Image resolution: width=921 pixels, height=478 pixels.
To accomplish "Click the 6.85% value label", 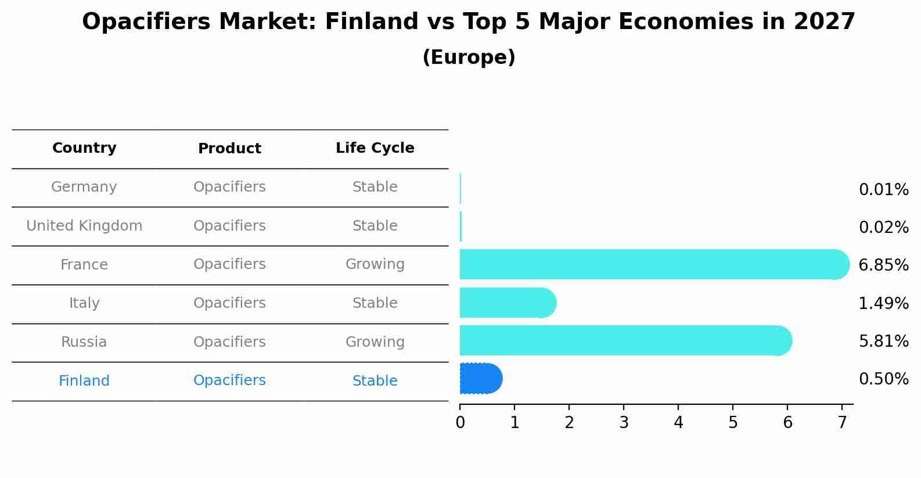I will click(x=883, y=265).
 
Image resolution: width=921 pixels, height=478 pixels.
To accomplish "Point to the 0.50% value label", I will click(x=883, y=379).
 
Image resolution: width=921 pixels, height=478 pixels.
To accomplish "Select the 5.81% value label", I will click(x=883, y=342).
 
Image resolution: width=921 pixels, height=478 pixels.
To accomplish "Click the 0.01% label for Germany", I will click(x=883, y=190).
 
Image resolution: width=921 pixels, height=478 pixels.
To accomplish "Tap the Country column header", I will click(x=84, y=148).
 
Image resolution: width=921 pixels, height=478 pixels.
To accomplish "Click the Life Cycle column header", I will click(x=375, y=148).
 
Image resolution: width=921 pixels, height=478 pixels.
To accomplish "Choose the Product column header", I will click(x=229, y=149).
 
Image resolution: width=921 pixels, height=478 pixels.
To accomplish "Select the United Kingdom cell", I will click(x=84, y=226).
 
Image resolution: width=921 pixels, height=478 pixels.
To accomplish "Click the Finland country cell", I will click(x=84, y=381).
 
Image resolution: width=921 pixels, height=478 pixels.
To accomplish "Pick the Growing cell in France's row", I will click(x=375, y=264).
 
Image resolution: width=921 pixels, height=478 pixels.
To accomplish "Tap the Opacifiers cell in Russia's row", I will click(x=229, y=342).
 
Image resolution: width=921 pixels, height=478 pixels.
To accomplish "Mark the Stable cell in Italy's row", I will click(x=375, y=303).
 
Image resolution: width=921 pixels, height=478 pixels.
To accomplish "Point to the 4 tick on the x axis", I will click(x=678, y=423).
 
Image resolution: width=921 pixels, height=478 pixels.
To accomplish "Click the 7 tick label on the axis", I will click(x=842, y=423).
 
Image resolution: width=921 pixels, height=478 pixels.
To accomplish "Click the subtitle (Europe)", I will click(x=469, y=57).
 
